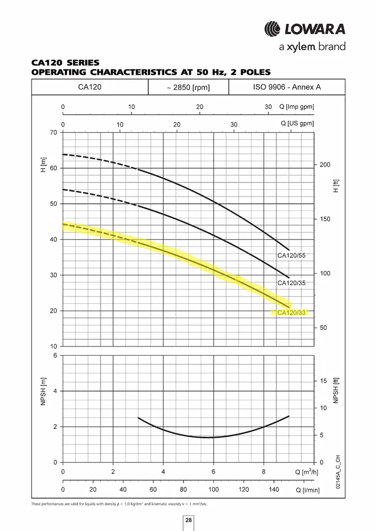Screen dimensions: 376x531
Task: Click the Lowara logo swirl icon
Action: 272,29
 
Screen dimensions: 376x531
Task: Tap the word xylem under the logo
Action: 301,47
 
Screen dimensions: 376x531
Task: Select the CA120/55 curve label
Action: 291,255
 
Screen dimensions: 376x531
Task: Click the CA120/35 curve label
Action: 291,283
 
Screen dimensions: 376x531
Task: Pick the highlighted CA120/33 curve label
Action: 291,313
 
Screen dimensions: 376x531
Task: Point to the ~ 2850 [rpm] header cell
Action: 188,87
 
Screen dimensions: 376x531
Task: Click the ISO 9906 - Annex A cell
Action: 287,87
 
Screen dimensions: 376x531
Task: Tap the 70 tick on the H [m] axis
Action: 53,132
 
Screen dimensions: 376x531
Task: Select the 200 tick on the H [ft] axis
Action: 325,164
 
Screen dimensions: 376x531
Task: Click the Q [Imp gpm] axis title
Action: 297,107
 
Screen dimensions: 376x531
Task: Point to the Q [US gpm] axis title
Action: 297,123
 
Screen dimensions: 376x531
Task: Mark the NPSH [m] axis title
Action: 43,392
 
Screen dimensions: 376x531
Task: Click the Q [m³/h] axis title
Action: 307,472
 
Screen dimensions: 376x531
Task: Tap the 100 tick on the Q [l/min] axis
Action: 213,490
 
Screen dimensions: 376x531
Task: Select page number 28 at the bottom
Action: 189,520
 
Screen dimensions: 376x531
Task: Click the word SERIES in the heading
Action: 83,63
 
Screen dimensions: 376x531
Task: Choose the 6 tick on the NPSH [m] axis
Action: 55,355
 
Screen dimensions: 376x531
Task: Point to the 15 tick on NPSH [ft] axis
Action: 324,381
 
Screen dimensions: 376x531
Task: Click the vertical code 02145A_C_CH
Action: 338,472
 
